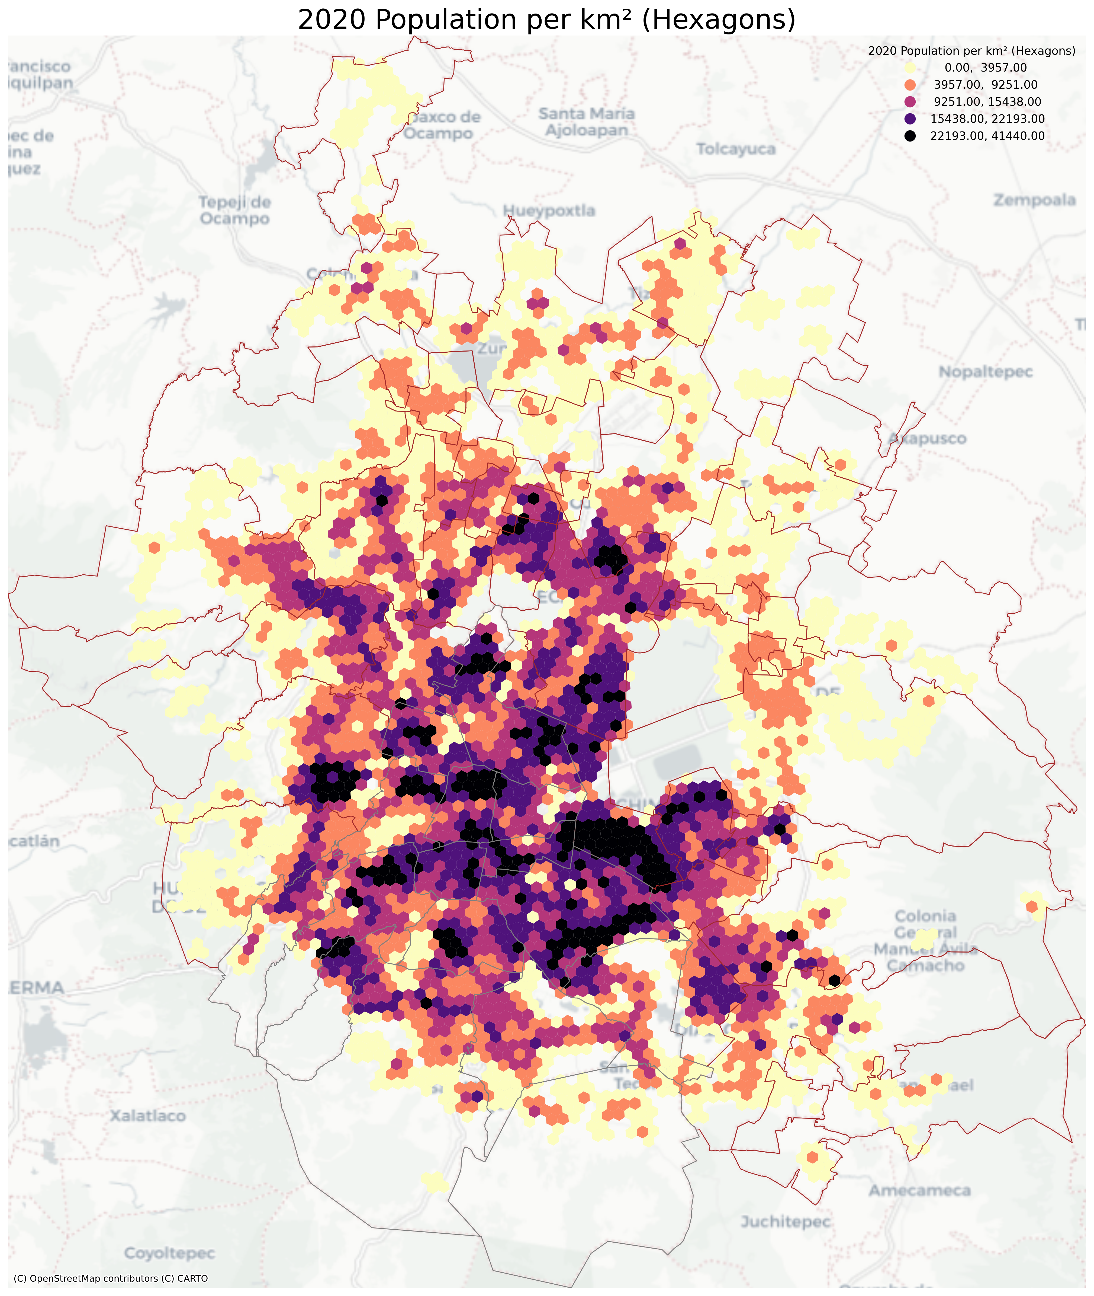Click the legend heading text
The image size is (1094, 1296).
[x=971, y=51]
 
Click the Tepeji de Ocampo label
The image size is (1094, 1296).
[x=235, y=210]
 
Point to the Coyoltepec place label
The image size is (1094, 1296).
[x=169, y=1253]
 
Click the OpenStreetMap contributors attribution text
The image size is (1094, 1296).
[x=110, y=1278]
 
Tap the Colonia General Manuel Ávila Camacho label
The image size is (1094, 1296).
[x=925, y=940]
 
